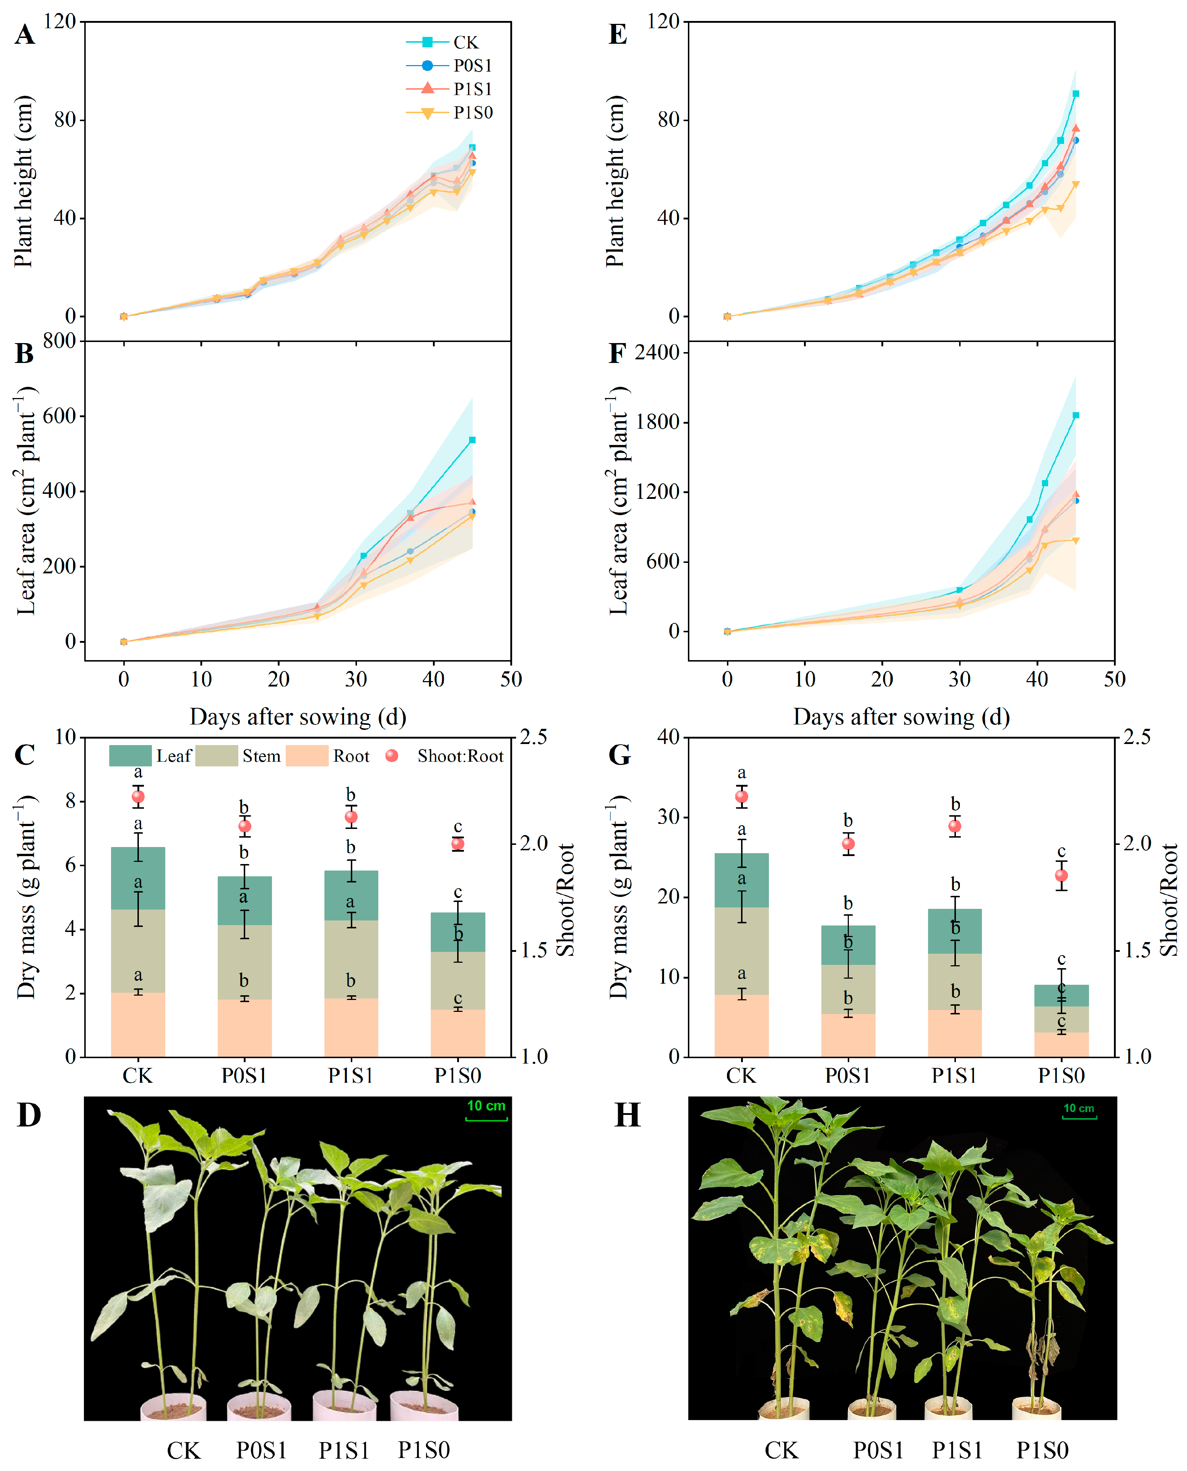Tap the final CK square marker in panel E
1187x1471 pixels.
coord(1076,94)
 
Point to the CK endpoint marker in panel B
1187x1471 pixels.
coord(472,440)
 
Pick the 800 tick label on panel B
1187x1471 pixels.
coord(59,341)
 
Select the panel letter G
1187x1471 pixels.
coord(619,755)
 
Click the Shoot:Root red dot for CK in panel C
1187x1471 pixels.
coord(138,796)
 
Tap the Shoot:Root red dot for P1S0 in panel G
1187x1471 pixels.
coord(1061,876)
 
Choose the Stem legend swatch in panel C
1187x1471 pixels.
coord(216,756)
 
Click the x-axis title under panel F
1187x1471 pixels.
coord(901,717)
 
